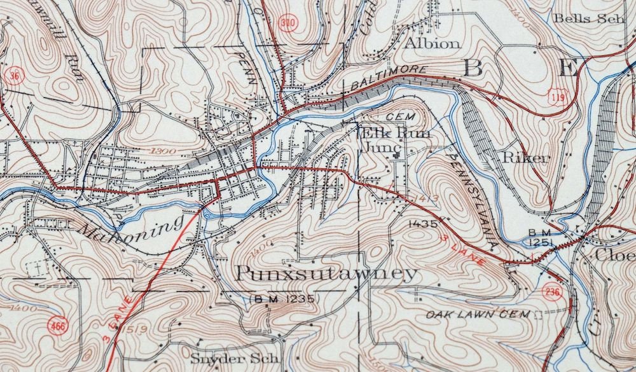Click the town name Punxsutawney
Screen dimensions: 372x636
coord(328,274)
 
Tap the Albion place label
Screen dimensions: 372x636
coord(432,44)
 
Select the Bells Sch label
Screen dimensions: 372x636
coord(590,18)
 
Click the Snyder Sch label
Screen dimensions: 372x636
coord(235,358)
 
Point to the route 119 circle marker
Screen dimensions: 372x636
coord(555,96)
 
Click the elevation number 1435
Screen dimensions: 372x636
coord(424,223)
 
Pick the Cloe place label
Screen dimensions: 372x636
coord(614,254)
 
